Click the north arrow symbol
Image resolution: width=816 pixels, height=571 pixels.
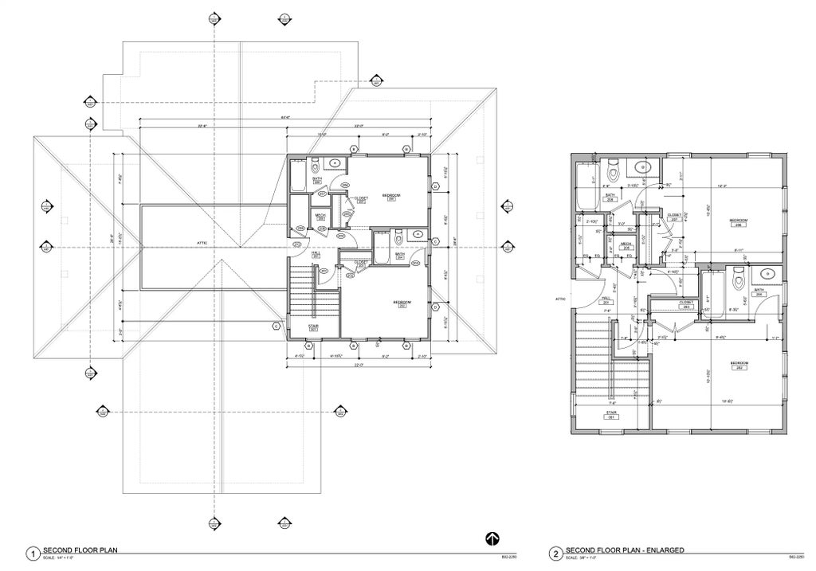tap(492, 538)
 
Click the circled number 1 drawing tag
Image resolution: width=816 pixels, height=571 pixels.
tap(33, 553)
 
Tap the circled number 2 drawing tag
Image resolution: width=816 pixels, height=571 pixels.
tap(555, 553)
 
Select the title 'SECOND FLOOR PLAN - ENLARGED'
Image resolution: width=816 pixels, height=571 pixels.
tap(624, 550)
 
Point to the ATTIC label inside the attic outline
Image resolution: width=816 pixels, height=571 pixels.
tap(202, 243)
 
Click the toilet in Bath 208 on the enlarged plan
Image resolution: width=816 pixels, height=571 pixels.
tap(614, 170)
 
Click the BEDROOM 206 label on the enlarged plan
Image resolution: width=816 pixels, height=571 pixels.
tap(740, 221)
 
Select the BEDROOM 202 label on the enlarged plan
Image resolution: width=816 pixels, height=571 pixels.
tap(740, 366)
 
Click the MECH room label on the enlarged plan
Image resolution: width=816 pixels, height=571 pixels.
tap(626, 245)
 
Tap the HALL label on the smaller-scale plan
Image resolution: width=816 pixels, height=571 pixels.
tap(316, 254)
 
